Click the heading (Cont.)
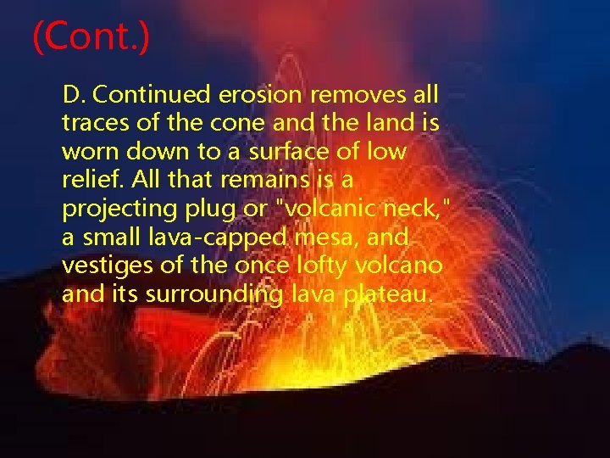[91, 38]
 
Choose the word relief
[86, 182]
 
